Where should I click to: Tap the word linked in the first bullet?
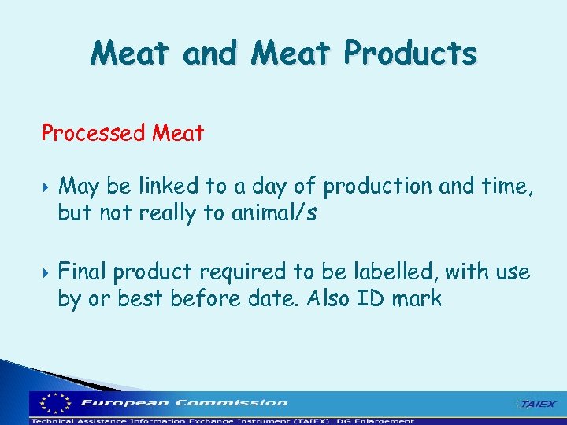[x=177, y=187]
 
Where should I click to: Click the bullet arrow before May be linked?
[x=46, y=187]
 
